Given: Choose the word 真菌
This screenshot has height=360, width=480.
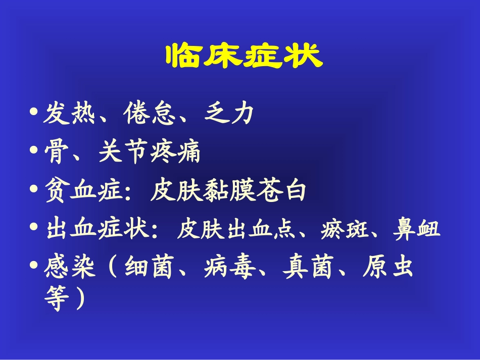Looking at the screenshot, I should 309,268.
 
